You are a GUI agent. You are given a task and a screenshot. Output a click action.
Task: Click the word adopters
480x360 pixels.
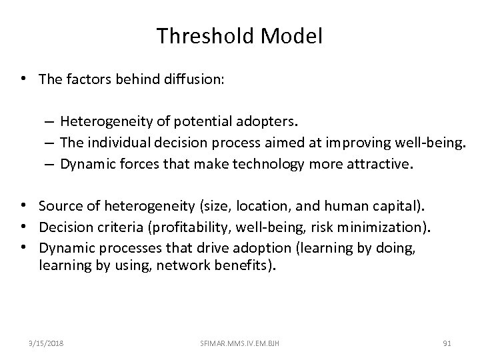(291, 122)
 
